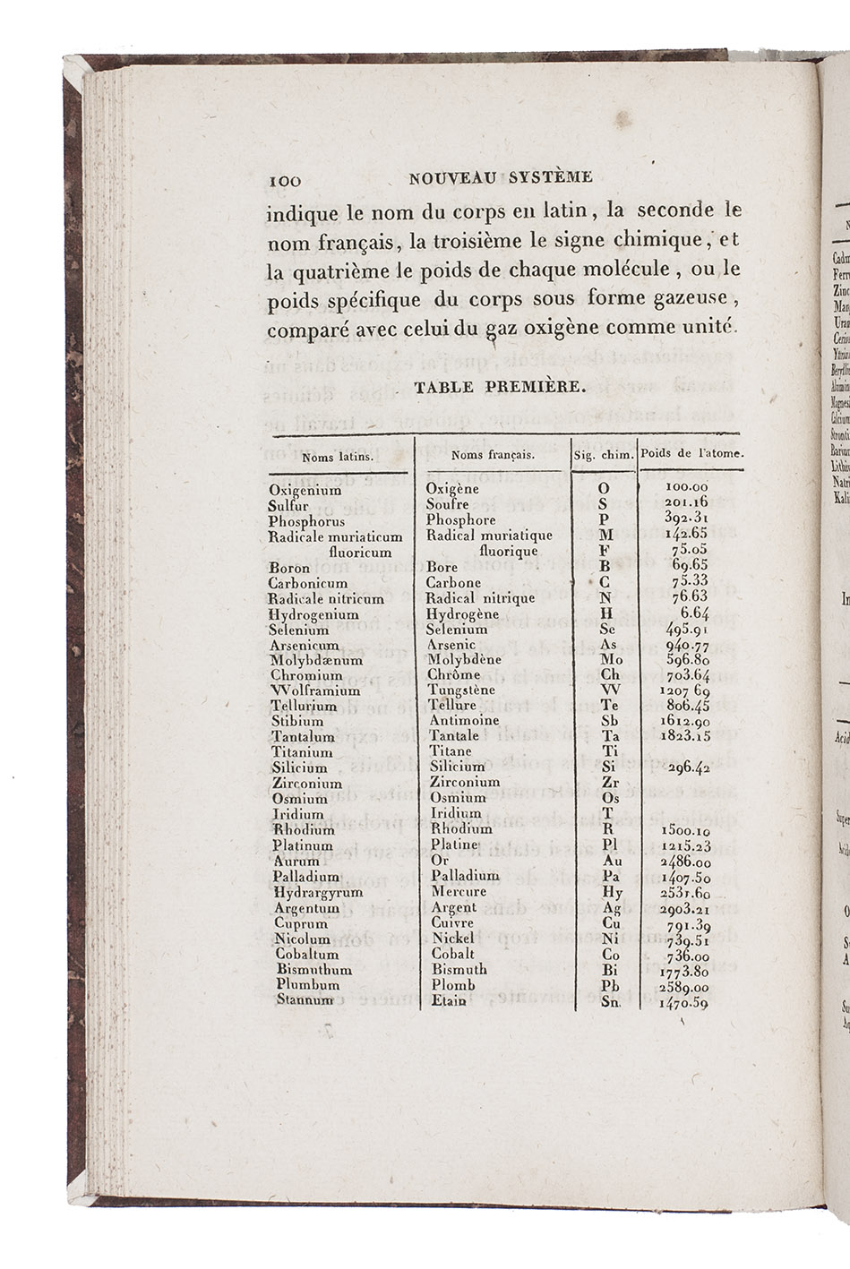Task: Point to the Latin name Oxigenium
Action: click(x=305, y=491)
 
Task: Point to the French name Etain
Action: click(x=449, y=1000)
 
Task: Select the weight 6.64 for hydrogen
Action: click(x=695, y=613)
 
